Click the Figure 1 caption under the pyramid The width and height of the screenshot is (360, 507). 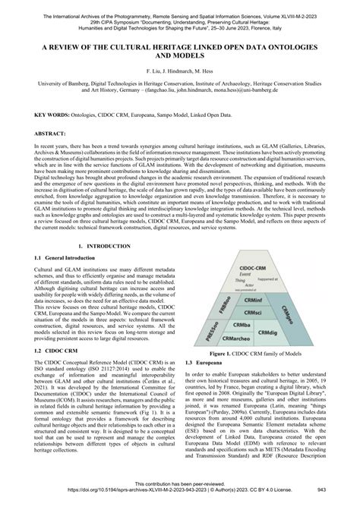pos(259,354)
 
